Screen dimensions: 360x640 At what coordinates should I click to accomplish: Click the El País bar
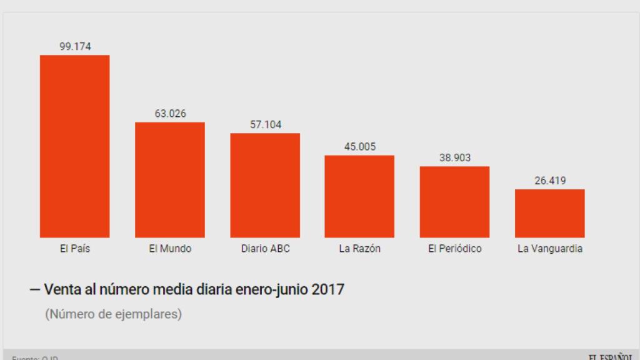74,146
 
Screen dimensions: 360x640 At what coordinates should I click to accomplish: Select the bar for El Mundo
170,179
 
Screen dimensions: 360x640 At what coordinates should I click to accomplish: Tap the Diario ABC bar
265,185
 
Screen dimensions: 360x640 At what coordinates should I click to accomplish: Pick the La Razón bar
359,196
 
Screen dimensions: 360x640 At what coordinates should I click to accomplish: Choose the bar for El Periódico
454,202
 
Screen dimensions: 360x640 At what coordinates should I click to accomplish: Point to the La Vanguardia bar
550,213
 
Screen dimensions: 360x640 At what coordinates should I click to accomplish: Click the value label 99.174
75,46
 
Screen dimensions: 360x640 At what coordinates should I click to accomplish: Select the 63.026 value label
170,113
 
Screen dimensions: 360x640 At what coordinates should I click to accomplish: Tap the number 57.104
266,124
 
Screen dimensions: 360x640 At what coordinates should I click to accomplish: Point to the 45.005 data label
360,146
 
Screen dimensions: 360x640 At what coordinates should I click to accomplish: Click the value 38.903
455,157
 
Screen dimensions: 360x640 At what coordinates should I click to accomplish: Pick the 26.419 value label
550,181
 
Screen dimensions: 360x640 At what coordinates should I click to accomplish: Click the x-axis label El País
75,249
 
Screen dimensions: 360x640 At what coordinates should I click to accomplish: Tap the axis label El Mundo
170,249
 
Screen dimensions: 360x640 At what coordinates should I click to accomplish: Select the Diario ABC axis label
266,249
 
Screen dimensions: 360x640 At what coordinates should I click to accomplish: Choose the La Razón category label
360,249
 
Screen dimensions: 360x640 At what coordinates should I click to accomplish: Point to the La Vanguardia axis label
550,249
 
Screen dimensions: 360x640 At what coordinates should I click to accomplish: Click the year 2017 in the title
327,290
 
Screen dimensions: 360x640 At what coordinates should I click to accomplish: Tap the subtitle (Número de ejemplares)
113,314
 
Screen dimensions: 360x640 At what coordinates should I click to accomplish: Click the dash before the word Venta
35,291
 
